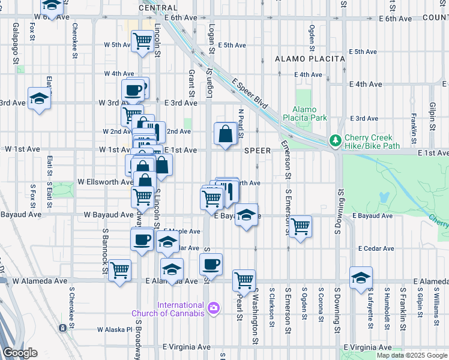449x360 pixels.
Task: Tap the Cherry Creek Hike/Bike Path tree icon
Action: point(335,141)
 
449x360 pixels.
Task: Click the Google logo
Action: point(20,353)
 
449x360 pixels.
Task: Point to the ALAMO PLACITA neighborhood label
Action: point(310,59)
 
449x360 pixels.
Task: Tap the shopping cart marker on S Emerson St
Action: point(300,227)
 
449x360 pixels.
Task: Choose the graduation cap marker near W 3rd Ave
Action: point(39,98)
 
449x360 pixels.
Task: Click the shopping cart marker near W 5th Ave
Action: point(142,41)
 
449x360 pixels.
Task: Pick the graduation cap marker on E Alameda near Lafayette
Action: point(361,278)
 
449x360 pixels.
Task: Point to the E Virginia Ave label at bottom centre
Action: point(187,347)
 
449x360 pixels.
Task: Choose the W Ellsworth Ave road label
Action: point(106,182)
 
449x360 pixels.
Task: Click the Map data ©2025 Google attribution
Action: point(412,355)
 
